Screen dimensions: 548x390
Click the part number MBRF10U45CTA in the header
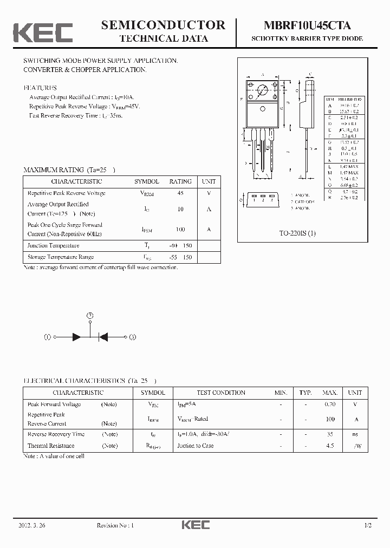point(307,25)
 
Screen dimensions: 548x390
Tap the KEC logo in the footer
point(195,525)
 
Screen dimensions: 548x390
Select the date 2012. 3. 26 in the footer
point(32,525)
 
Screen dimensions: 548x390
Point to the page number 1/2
point(368,525)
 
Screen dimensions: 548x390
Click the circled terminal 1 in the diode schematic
point(47,337)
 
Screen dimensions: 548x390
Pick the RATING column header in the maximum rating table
point(180,182)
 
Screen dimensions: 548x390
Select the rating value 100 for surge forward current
point(180,230)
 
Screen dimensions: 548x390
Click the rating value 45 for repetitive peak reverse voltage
point(180,193)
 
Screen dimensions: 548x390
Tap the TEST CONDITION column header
point(221,393)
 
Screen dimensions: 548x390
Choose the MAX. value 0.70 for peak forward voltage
point(329,405)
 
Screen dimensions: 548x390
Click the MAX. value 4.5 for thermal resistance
point(329,446)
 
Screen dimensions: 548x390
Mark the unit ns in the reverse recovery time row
point(355,434)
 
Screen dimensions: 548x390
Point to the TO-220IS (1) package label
point(297,233)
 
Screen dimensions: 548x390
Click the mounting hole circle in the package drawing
point(263,90)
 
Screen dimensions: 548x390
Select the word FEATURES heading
point(40,88)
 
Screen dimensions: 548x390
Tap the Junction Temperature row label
point(53,245)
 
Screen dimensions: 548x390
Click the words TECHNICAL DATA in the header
point(163,38)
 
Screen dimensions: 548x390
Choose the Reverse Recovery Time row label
point(56,434)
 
